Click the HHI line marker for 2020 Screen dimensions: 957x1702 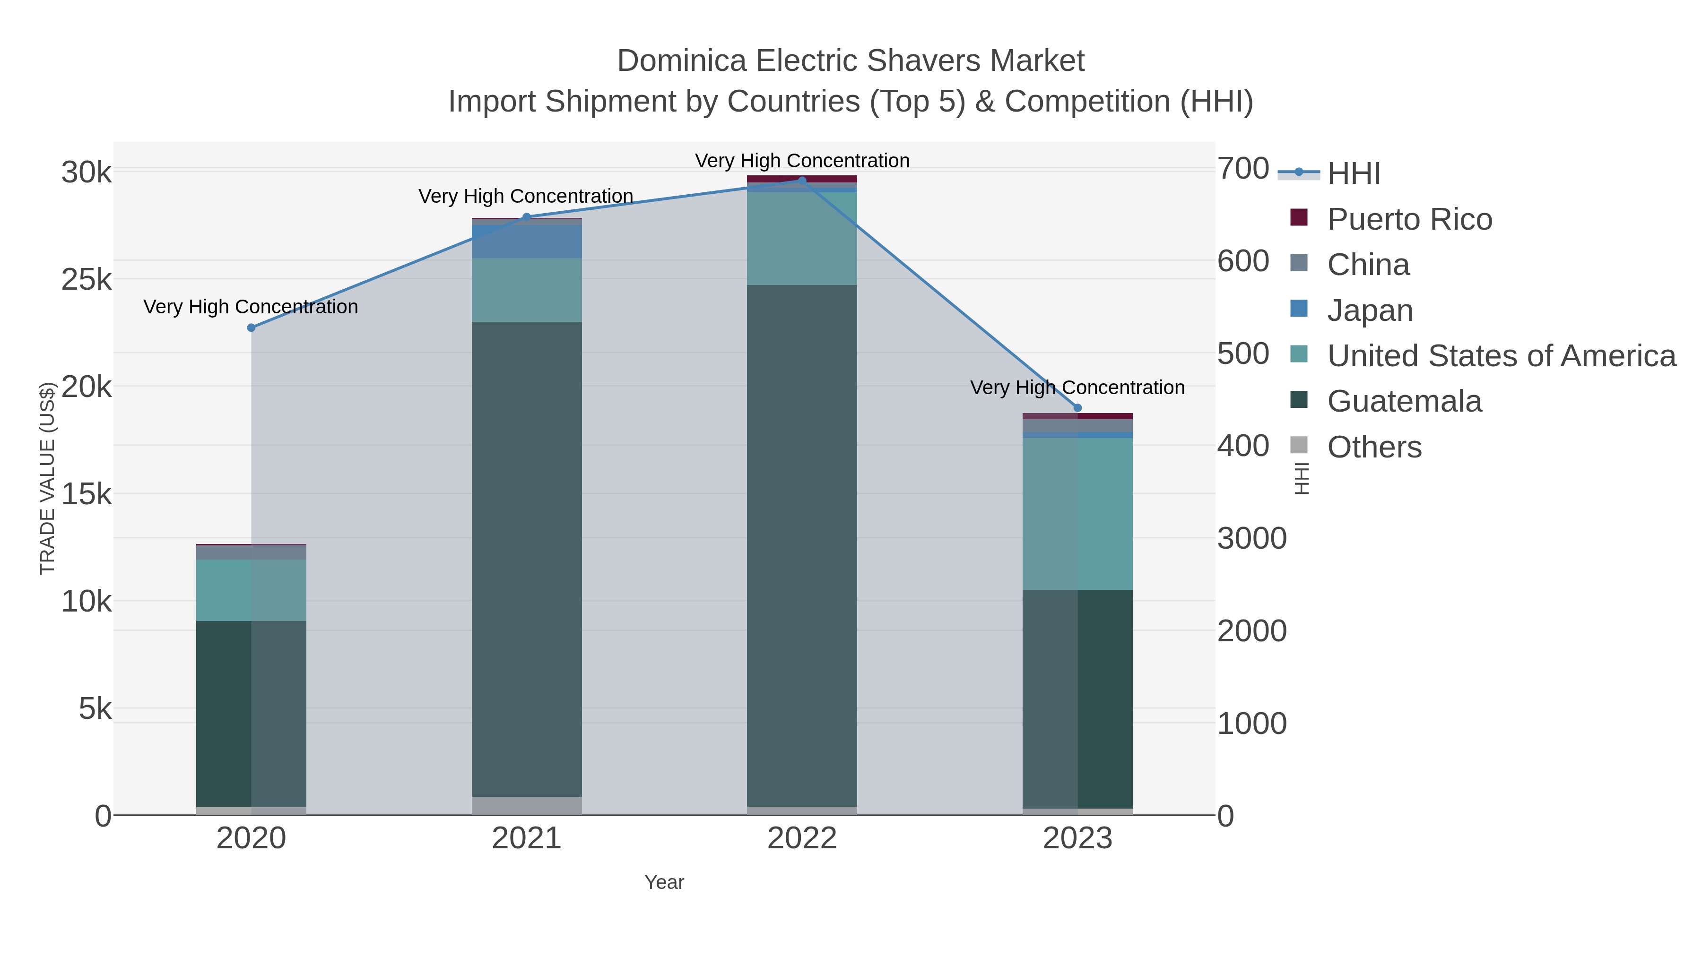(x=251, y=328)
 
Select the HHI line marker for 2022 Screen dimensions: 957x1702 (x=802, y=181)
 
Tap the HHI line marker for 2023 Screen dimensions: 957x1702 (x=1077, y=407)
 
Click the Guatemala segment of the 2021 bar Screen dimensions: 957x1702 (x=527, y=558)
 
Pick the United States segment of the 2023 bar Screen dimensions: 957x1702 (x=1077, y=513)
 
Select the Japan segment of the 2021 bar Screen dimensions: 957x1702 (x=527, y=241)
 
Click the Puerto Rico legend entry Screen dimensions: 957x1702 (x=1409, y=219)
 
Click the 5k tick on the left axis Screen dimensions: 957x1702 (x=95, y=709)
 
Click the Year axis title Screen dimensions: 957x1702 (x=664, y=882)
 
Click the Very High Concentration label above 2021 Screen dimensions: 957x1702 (x=526, y=196)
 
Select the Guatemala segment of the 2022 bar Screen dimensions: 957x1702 (x=802, y=545)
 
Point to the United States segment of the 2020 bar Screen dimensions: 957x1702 (x=251, y=590)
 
